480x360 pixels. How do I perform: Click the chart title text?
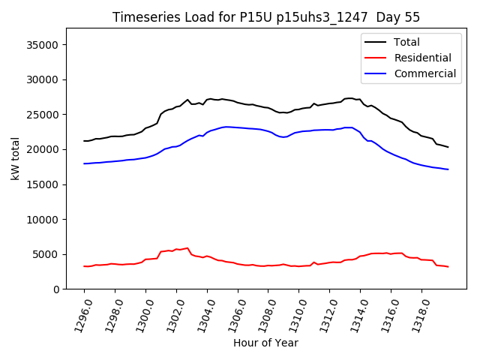(x=266, y=17)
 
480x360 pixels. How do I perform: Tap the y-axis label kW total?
(x=15, y=158)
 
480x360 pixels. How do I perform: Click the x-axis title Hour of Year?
(x=265, y=343)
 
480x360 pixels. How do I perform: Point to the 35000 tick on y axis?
(x=43, y=45)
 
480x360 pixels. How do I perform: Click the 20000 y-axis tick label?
(x=43, y=150)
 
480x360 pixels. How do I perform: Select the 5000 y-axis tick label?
(x=46, y=255)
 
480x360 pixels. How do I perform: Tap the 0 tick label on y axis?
(x=56, y=289)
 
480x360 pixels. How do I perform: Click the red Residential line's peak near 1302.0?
(x=187, y=247)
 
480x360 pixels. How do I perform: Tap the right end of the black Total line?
(x=448, y=147)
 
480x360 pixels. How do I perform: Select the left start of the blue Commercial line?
(x=84, y=163)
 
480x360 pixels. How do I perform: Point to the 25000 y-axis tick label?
(x=43, y=115)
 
